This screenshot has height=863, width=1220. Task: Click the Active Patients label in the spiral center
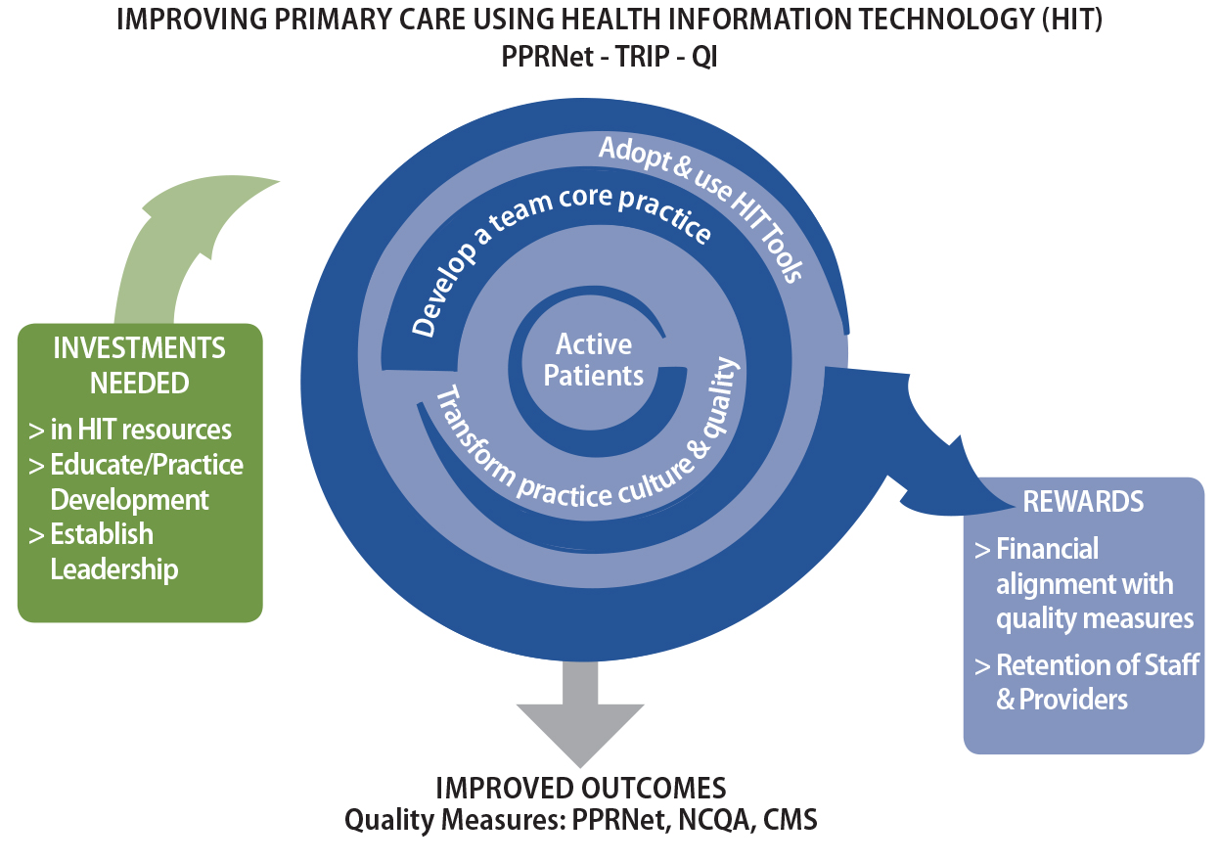click(594, 359)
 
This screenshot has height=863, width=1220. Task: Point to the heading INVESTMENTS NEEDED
click(139, 365)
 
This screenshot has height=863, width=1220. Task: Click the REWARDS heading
click(1083, 502)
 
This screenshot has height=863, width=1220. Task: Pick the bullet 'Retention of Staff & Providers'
click(1091, 682)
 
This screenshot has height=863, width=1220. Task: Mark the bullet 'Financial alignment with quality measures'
click(1086, 583)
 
